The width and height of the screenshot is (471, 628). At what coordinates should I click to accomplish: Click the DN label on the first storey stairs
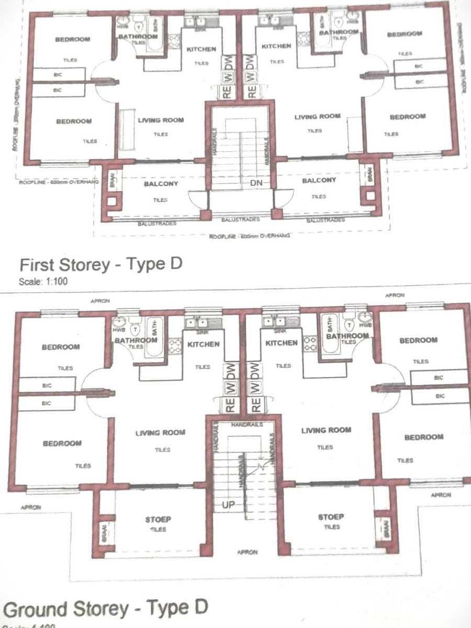pyautogui.click(x=256, y=184)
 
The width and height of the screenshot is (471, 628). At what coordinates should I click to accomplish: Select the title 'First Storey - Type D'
pyautogui.click(x=100, y=264)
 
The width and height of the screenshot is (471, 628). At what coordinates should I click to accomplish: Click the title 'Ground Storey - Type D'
pyautogui.click(x=106, y=609)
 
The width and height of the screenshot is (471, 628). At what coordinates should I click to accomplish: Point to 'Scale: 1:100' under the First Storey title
pyautogui.click(x=43, y=281)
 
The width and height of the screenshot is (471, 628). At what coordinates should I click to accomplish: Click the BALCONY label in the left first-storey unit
pyautogui.click(x=161, y=184)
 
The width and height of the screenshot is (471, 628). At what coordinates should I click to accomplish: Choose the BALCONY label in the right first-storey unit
pyautogui.click(x=319, y=181)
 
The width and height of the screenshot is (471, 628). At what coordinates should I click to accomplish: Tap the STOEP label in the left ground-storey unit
pyautogui.click(x=158, y=520)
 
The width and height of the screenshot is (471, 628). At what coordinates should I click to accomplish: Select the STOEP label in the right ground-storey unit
pyautogui.click(x=331, y=517)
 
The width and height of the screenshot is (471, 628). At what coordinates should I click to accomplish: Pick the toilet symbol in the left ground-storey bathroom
pyautogui.click(x=135, y=329)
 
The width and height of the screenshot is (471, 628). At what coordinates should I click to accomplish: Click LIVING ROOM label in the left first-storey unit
pyautogui.click(x=161, y=120)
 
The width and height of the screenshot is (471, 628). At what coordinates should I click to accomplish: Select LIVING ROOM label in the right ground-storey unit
pyautogui.click(x=326, y=430)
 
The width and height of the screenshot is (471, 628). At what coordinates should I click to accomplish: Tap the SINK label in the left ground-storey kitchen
pyautogui.click(x=198, y=332)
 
